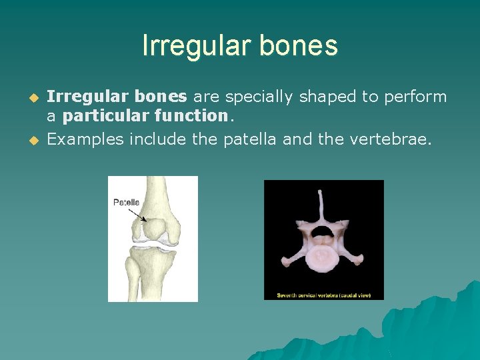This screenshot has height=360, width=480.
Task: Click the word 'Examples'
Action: point(85,139)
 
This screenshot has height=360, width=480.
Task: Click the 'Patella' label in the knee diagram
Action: point(126,202)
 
